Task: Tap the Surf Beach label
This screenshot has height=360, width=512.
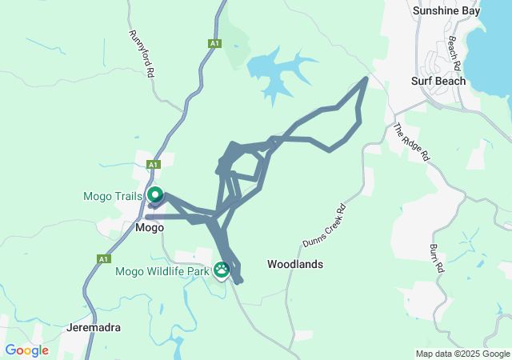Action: [x=437, y=81]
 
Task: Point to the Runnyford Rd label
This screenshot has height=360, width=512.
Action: [x=141, y=54]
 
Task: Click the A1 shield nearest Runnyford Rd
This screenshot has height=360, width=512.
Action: [x=214, y=43]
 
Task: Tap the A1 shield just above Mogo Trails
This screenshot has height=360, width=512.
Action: [x=154, y=164]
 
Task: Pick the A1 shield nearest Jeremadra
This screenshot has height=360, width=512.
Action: [x=103, y=259]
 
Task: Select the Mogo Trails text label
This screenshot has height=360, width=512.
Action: [x=113, y=196]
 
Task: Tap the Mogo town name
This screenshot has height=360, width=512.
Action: [x=149, y=227]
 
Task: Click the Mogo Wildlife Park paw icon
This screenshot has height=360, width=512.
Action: [x=222, y=271]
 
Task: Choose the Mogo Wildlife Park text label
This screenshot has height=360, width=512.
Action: [x=162, y=272]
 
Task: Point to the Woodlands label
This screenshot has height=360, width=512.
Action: [x=295, y=264]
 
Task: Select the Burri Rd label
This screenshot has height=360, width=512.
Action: [x=437, y=258]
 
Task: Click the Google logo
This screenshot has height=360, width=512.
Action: [x=26, y=350]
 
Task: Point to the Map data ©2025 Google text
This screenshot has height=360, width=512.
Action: [x=462, y=354]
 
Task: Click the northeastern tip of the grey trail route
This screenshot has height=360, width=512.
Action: [x=366, y=78]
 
